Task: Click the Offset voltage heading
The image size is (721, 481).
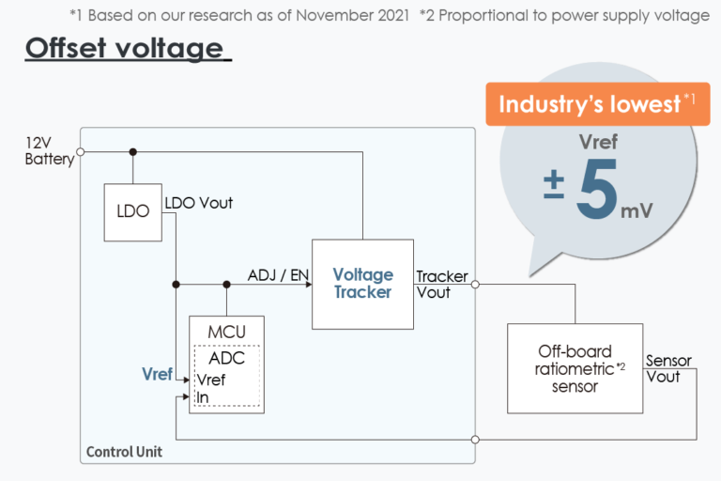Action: point(128,49)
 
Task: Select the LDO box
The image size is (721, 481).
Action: point(133,210)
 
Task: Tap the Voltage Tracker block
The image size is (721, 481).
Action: point(362,284)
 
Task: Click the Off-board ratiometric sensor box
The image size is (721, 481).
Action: point(575,368)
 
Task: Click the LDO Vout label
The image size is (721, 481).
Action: point(199,203)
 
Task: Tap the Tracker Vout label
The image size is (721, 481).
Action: point(441,284)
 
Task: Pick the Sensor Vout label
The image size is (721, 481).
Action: point(668,368)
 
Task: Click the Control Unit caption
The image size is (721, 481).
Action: point(124,452)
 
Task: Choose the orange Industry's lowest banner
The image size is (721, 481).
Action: point(591,104)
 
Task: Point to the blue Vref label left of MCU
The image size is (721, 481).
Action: point(157,374)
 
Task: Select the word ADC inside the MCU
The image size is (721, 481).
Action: point(226,358)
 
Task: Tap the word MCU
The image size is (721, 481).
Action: point(226,333)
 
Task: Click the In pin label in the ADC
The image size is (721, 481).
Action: point(203,397)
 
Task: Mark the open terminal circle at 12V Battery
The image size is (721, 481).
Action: point(81,151)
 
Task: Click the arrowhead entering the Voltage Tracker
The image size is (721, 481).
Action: point(307,284)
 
